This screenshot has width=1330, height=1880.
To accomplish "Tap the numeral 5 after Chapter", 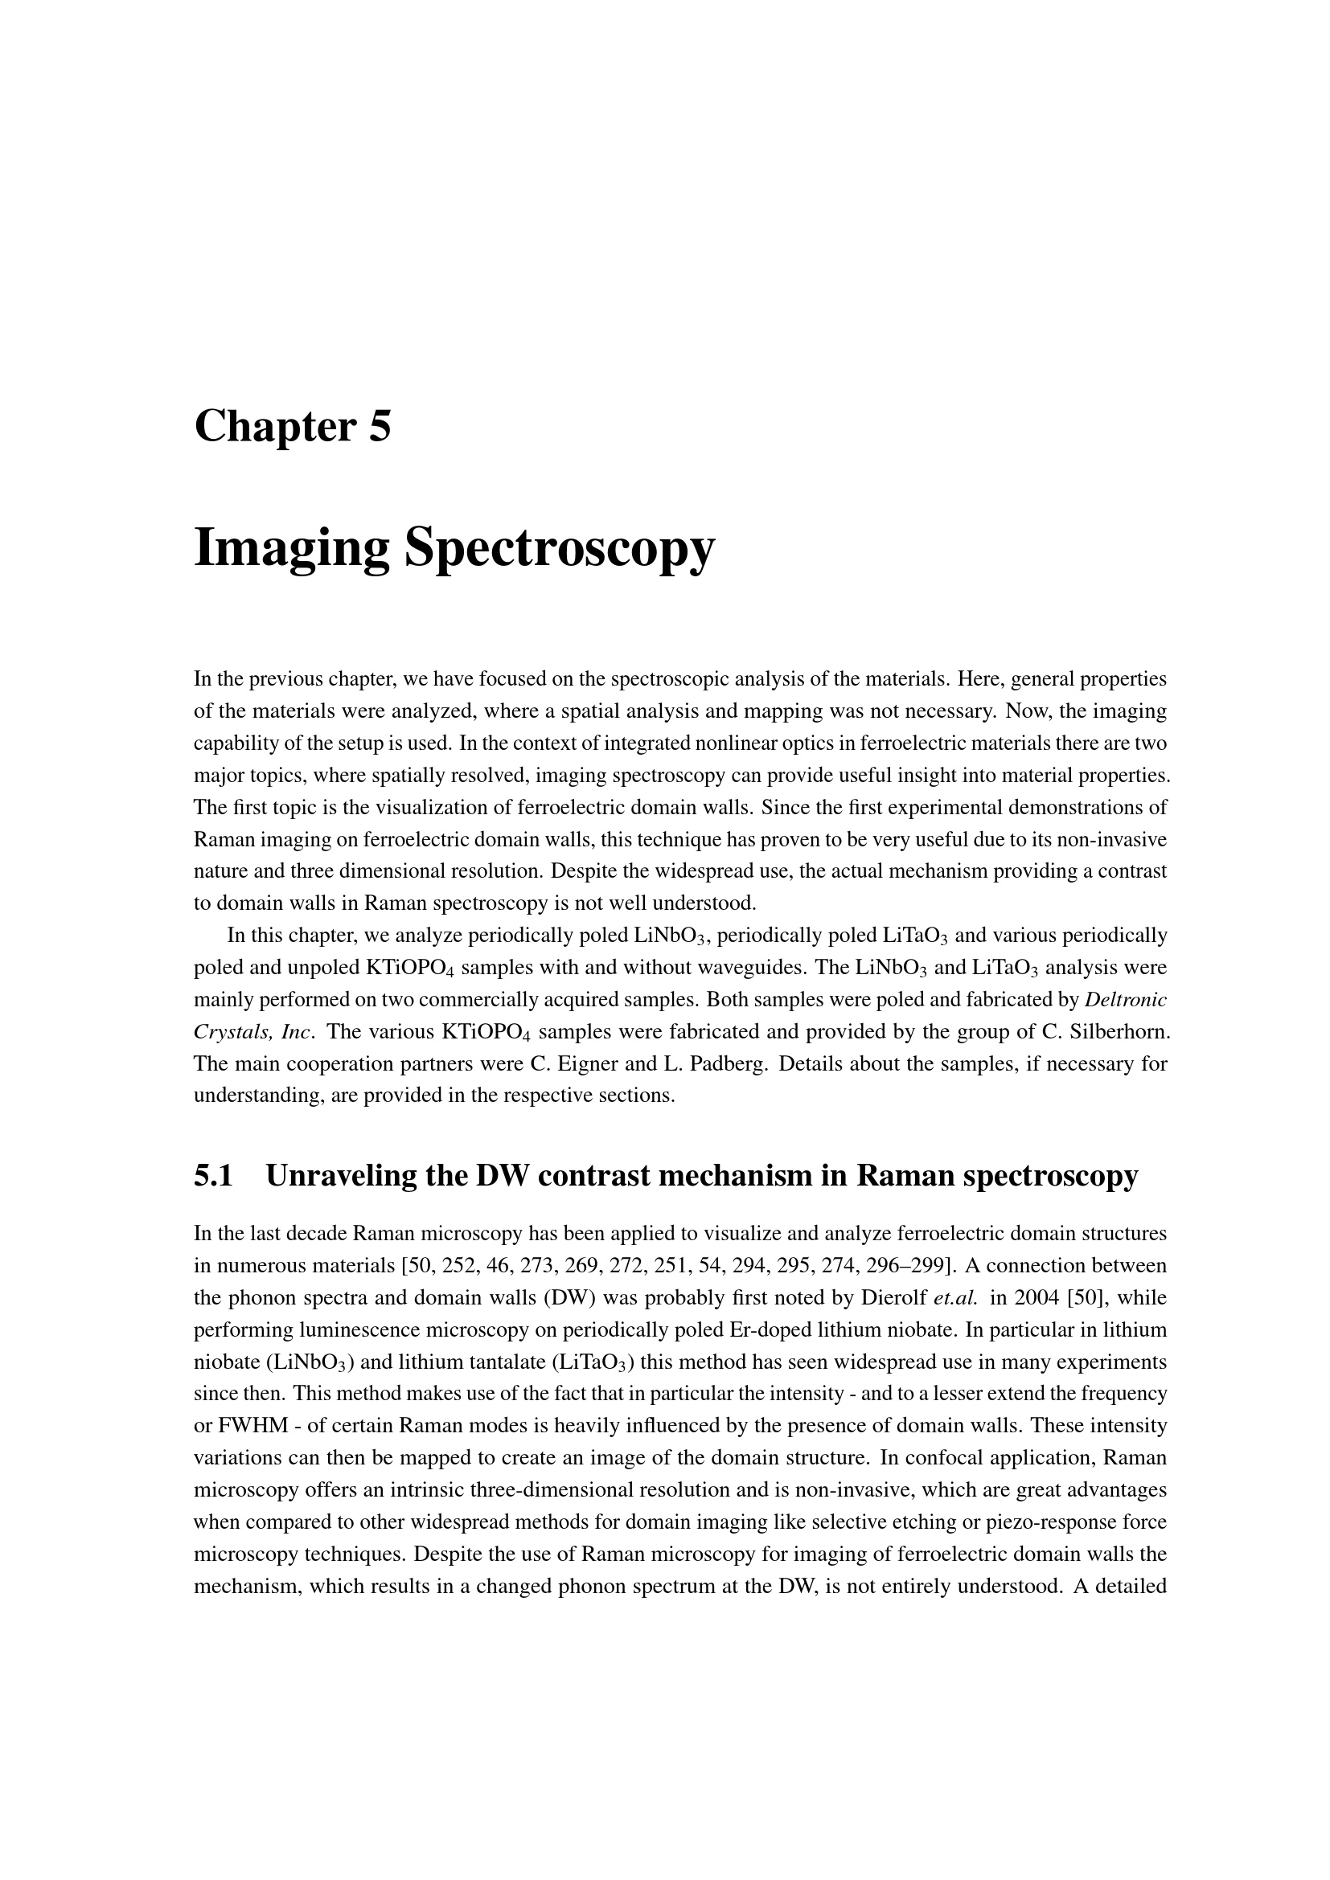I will pyautogui.click(x=380, y=428).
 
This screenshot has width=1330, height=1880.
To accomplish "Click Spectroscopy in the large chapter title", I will pyautogui.click(x=560, y=549).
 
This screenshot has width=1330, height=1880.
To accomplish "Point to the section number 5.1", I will pyautogui.click(x=214, y=1176).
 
